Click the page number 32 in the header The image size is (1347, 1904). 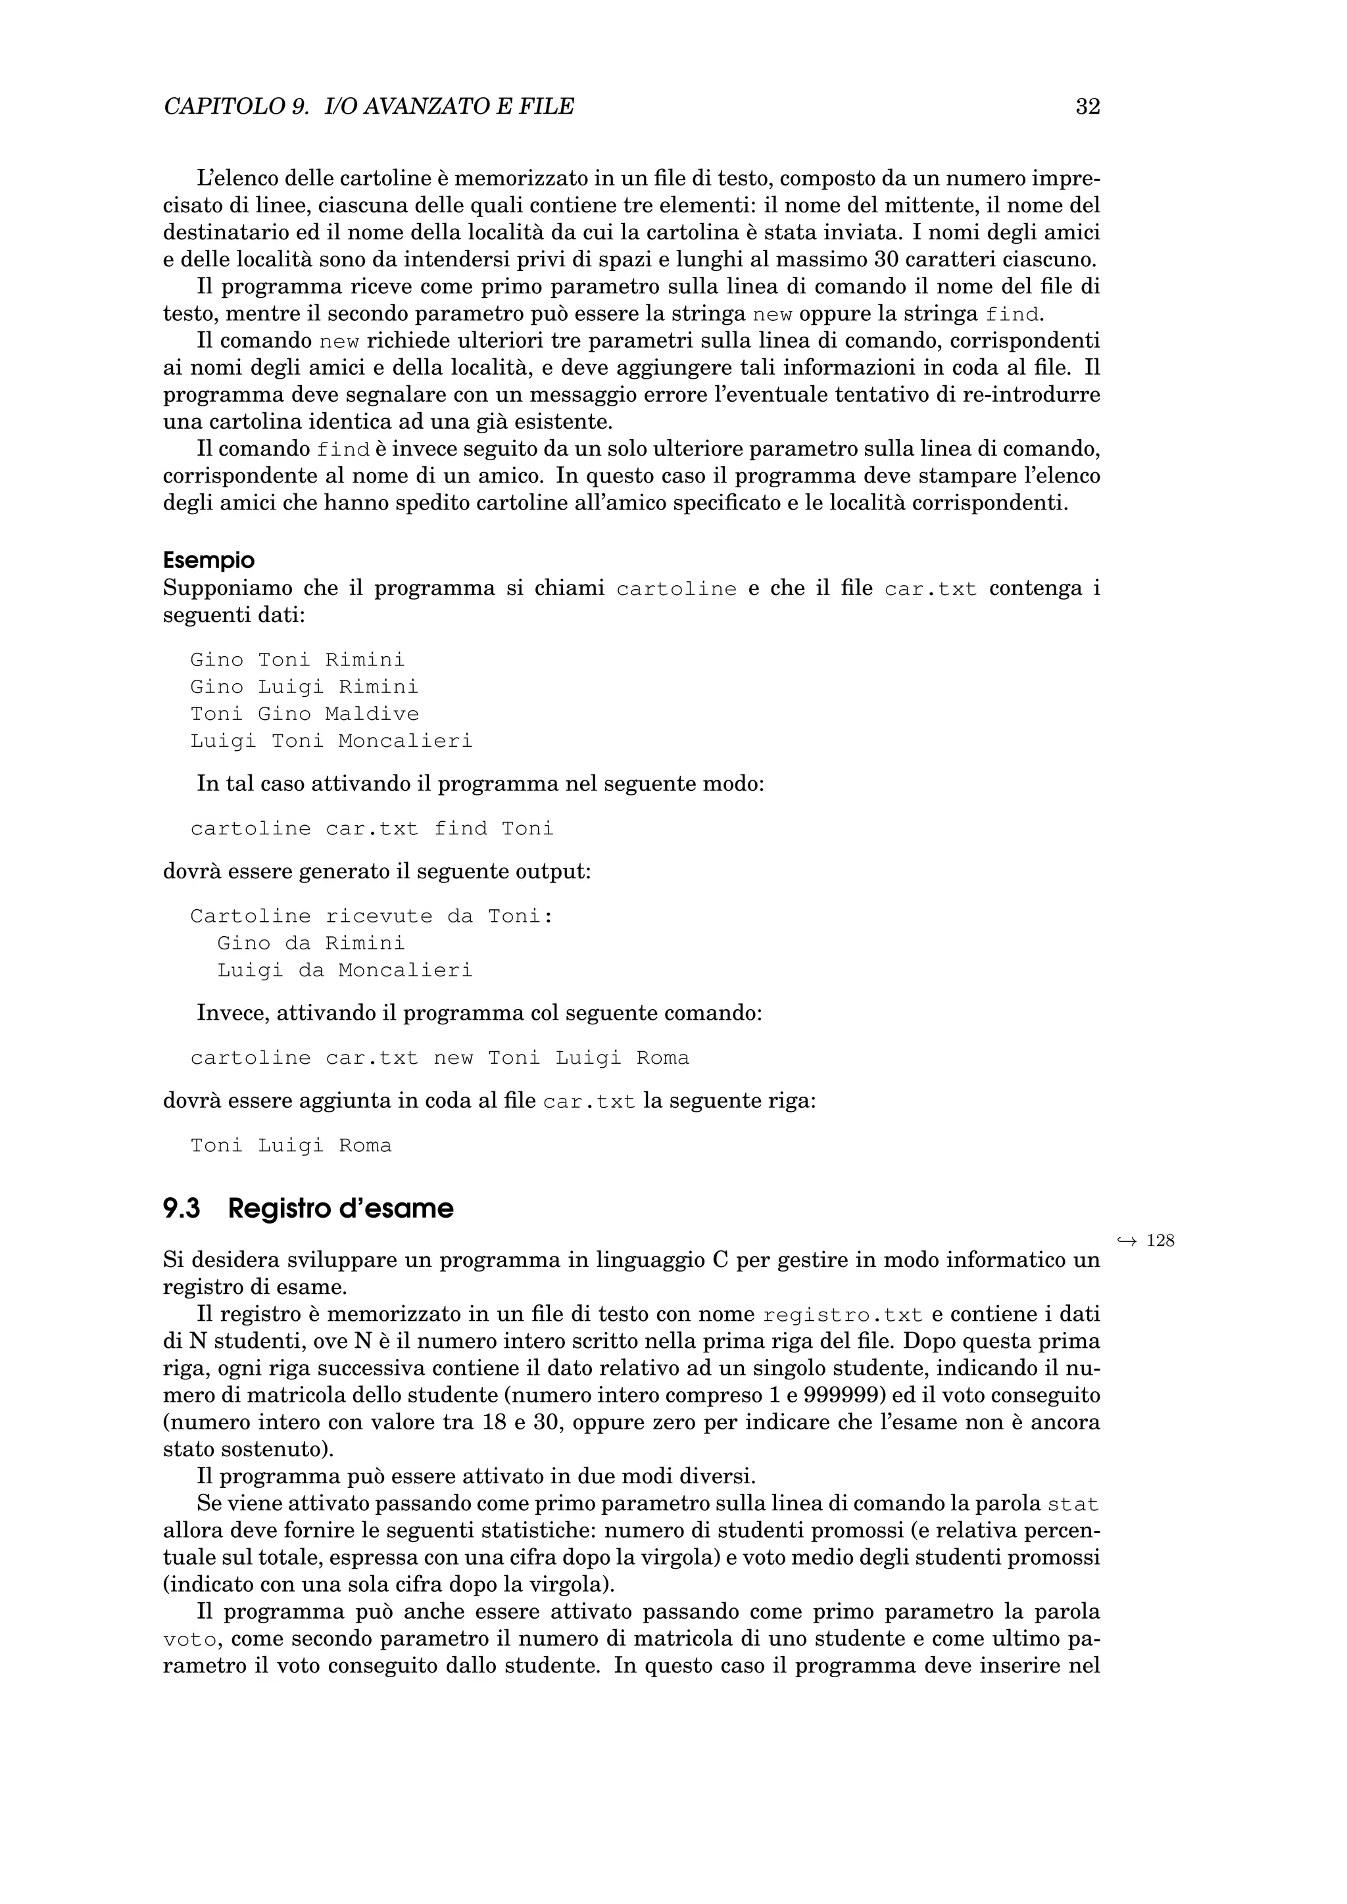click(x=1087, y=106)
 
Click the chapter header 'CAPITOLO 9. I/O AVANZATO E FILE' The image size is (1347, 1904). click(x=369, y=106)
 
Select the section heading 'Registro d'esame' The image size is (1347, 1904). click(x=340, y=1209)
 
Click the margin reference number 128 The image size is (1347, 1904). click(x=1160, y=1241)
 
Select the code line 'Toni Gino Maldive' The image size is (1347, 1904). click(x=305, y=714)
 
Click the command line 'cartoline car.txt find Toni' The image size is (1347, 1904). click(x=372, y=828)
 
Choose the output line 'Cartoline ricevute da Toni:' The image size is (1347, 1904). click(x=372, y=916)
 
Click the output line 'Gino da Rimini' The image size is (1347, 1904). click(x=311, y=943)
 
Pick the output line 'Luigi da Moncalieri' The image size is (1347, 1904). click(x=344, y=970)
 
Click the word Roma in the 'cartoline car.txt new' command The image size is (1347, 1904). click(x=663, y=1058)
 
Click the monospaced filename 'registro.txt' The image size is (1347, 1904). click(x=842, y=1315)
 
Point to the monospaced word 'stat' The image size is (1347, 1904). click(x=1073, y=1504)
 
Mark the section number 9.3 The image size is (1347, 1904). click(x=182, y=1209)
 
